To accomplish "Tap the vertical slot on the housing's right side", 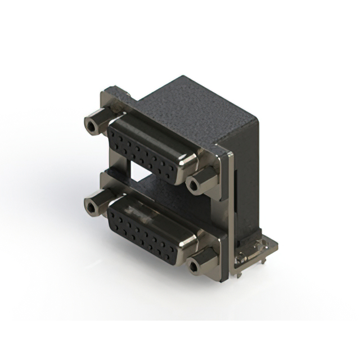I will [236, 191].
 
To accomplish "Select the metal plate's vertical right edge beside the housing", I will [228, 214].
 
